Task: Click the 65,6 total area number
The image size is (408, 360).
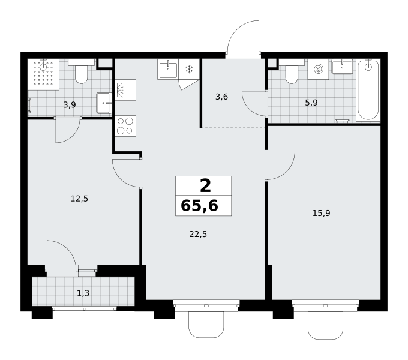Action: (199, 205)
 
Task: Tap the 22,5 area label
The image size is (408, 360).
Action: (198, 235)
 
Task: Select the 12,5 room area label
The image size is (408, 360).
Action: (79, 199)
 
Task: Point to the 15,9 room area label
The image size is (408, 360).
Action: (322, 213)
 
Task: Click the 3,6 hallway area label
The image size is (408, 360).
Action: (221, 97)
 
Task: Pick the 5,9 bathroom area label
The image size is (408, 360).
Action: (311, 103)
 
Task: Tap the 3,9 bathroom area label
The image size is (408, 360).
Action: (70, 105)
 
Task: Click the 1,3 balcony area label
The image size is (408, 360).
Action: (83, 293)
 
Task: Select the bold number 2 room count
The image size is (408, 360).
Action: (205, 186)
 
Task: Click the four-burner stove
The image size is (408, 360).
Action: (125, 126)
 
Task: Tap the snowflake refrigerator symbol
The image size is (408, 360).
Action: (189, 69)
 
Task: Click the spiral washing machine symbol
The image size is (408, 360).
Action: (318, 69)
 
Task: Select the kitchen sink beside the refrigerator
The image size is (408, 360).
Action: (168, 69)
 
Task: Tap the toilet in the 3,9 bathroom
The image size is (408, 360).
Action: (81, 71)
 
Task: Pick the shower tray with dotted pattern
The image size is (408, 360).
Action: (43, 74)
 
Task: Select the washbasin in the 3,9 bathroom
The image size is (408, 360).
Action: (104, 103)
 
